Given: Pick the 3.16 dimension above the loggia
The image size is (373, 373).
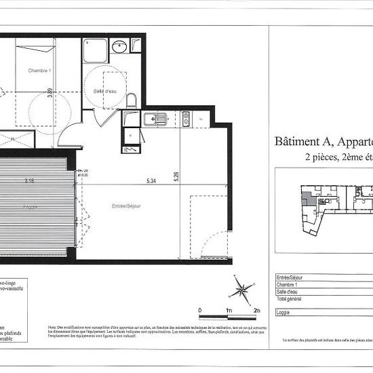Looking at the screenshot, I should click(29, 181).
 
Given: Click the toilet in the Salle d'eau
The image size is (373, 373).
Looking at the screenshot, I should click(132, 100).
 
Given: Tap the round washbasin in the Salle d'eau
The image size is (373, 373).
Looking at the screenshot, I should click(120, 47).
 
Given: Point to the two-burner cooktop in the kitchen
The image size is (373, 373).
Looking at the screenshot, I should click(184, 120).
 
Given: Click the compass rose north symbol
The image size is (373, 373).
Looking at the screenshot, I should click(241, 291).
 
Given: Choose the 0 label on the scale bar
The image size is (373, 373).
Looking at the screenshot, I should click(200, 309).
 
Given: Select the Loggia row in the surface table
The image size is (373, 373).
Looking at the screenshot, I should click(284, 313).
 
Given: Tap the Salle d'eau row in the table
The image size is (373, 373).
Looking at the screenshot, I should click(288, 291).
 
